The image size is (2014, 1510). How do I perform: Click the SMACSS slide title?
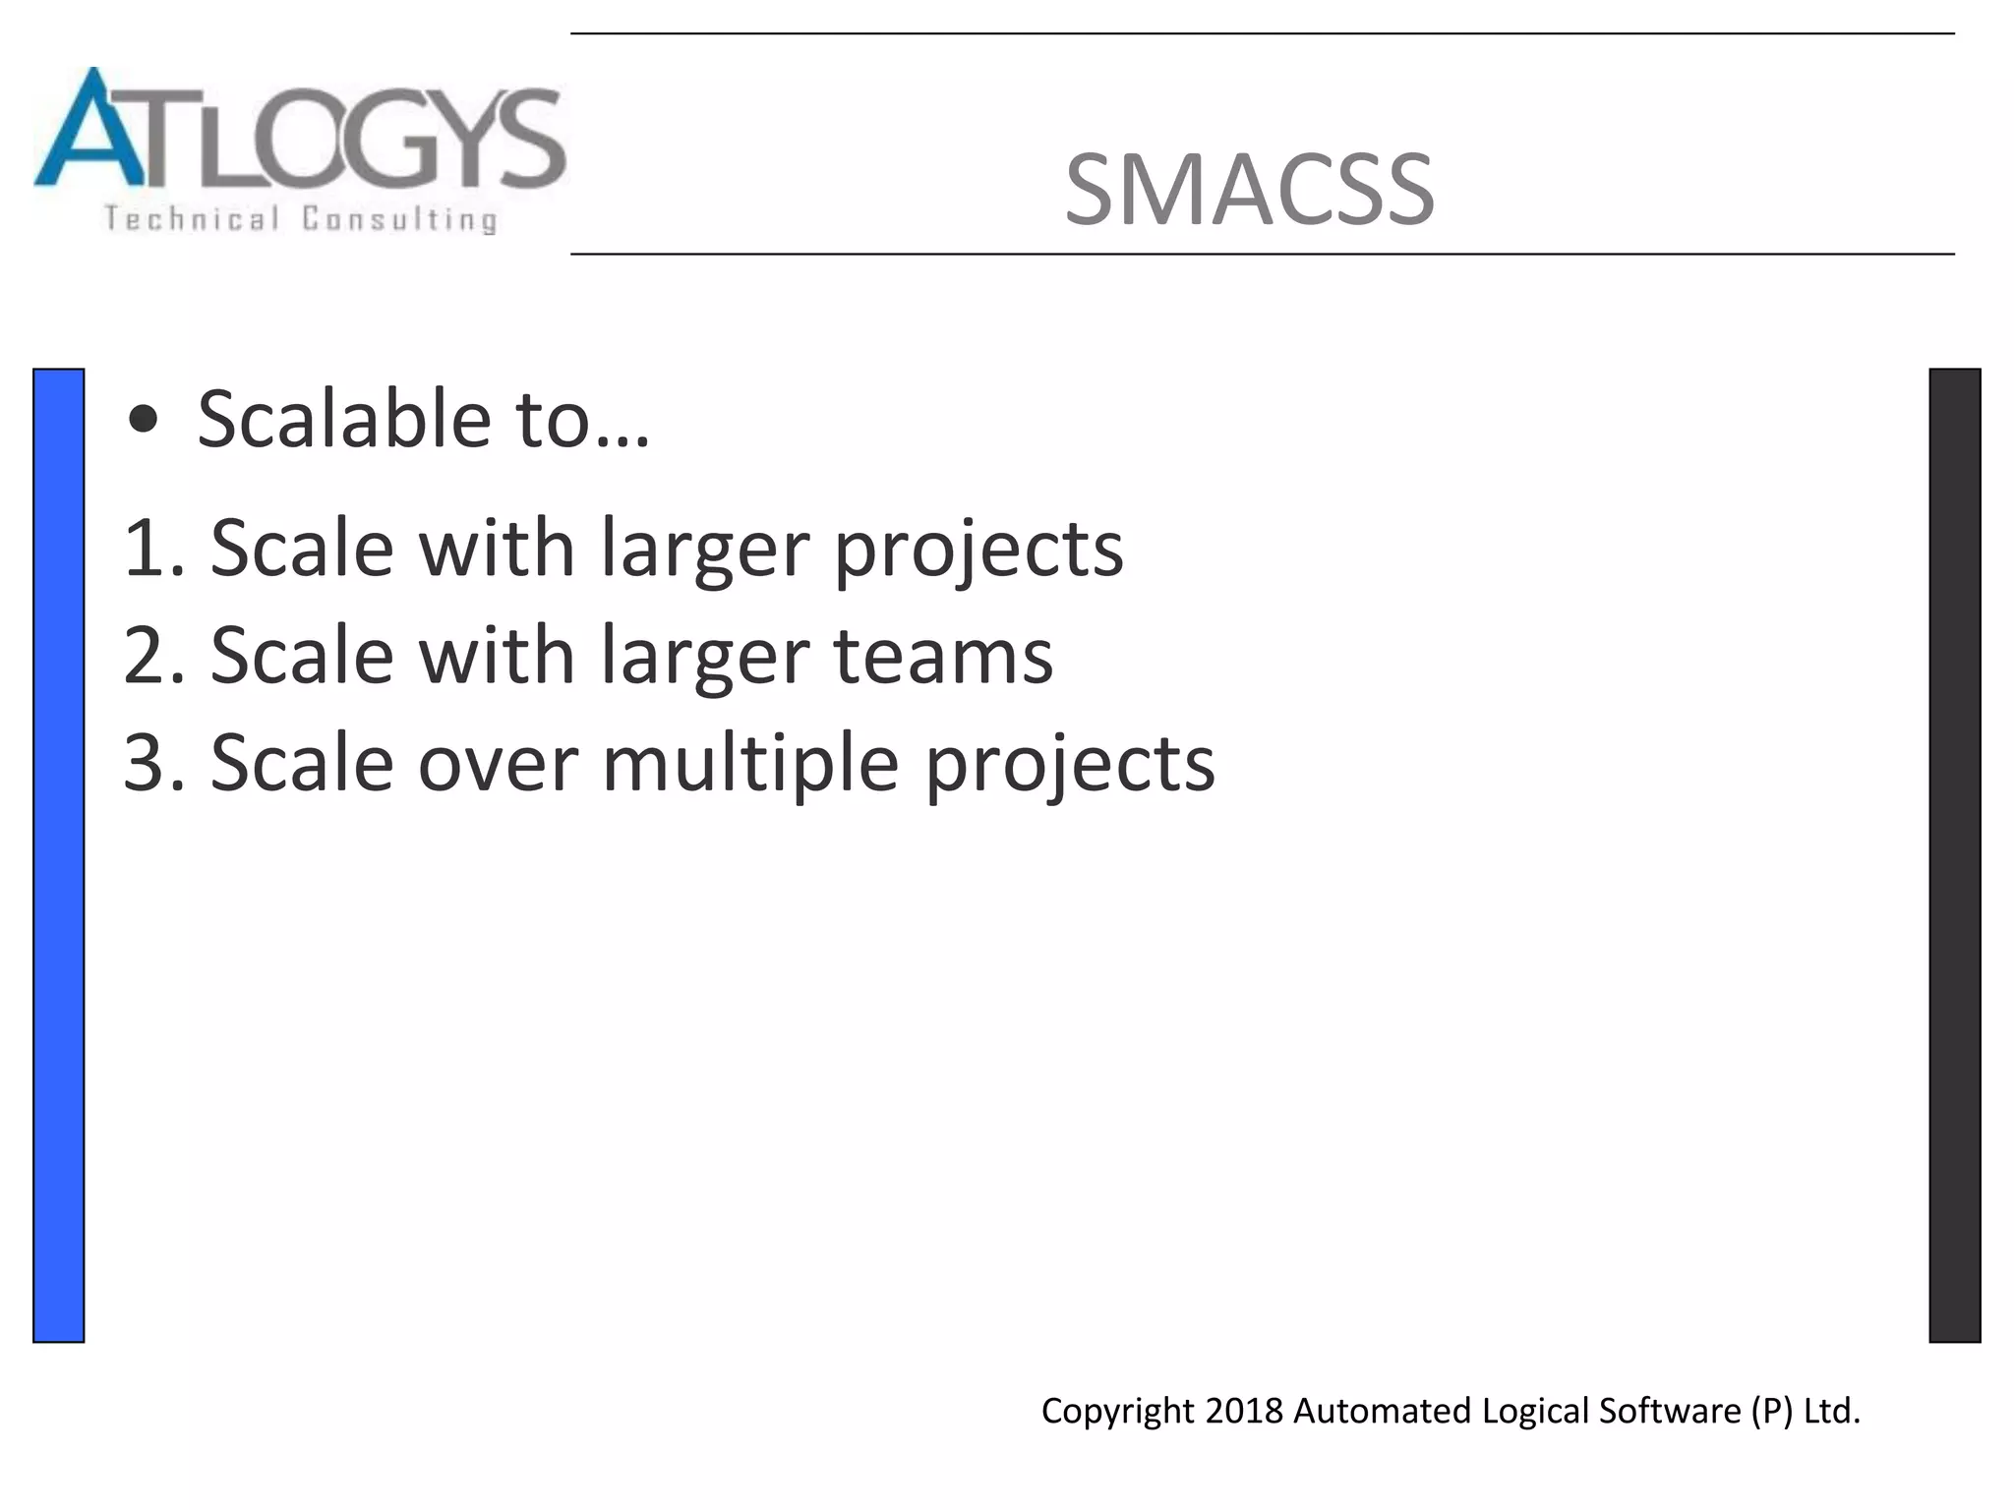coord(1249,190)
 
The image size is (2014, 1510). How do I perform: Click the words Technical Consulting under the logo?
coord(301,218)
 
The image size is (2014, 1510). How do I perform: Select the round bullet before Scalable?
coord(144,420)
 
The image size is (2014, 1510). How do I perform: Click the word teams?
coord(943,656)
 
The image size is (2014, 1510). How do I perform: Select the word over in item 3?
coord(498,763)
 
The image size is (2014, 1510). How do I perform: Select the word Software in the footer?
coord(1669,1411)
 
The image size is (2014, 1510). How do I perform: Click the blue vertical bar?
coord(59,855)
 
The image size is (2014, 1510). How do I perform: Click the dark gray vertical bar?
coord(1954,855)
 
